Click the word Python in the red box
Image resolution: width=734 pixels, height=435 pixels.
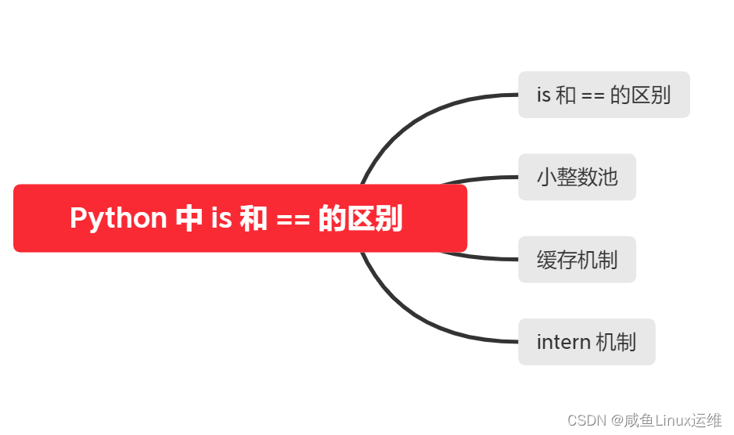click(118, 217)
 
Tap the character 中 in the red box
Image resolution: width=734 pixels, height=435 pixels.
click(189, 217)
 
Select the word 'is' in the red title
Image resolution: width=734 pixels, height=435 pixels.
click(221, 217)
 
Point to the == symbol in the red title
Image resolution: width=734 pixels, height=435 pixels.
click(293, 218)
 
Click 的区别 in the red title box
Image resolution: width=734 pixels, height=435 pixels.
click(361, 217)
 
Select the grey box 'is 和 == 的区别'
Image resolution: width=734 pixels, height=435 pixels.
click(603, 95)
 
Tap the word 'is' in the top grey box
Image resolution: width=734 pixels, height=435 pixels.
click(544, 95)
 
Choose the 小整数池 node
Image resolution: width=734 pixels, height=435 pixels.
click(577, 177)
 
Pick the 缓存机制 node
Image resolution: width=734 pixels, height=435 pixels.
click(577, 259)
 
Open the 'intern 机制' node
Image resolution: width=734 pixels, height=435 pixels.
click(586, 341)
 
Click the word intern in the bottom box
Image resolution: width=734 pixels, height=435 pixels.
click(563, 342)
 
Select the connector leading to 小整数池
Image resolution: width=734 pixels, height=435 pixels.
click(485, 178)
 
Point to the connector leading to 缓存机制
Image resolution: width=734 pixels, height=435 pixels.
click(485, 257)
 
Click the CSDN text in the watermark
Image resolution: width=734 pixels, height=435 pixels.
click(583, 420)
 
